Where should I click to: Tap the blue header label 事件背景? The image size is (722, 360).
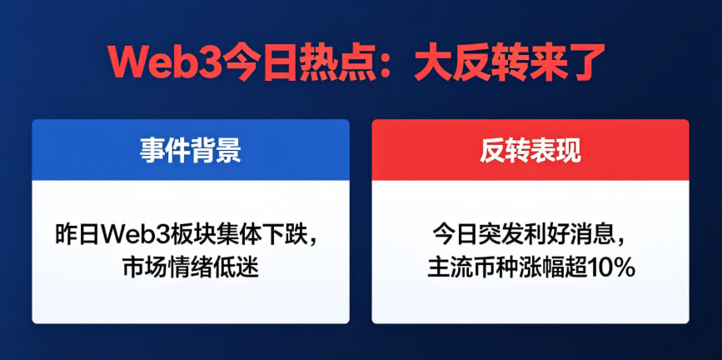(190, 150)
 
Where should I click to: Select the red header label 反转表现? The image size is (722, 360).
(530, 150)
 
